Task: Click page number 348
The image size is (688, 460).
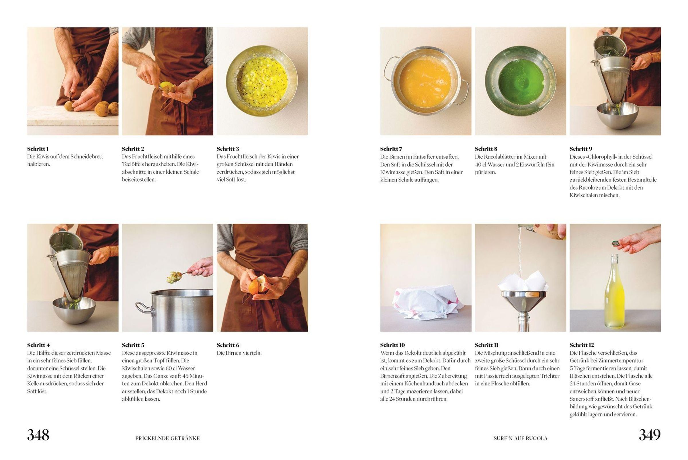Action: coord(38,435)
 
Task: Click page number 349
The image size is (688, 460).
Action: coord(650,435)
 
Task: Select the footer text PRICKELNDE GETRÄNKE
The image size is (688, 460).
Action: coord(167,438)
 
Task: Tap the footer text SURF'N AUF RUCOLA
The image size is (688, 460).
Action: coord(520,438)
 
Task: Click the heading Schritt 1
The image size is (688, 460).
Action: coord(38,149)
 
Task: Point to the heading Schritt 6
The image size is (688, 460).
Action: coord(228,345)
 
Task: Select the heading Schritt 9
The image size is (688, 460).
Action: coord(581,149)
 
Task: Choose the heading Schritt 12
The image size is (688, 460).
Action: coord(582,345)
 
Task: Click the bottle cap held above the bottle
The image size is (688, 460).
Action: coord(615,243)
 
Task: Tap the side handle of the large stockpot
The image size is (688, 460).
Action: coord(144,309)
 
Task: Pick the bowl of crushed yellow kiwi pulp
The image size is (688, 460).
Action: coord(262,81)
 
